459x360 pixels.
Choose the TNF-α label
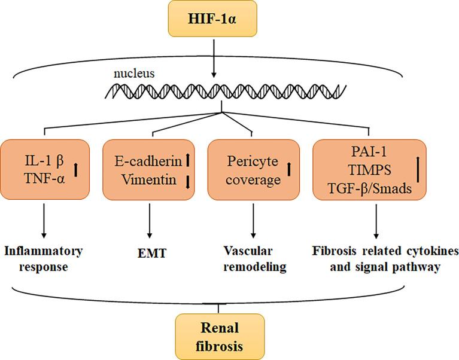tap(39, 178)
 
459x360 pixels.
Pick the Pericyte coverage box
tap(253, 169)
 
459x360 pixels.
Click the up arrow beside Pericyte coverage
tap(289, 169)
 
